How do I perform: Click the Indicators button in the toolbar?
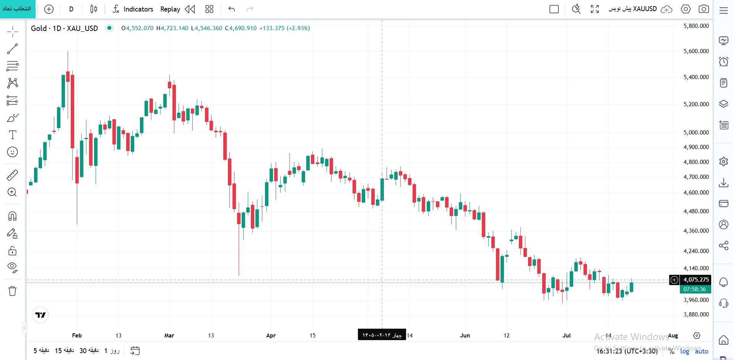(x=133, y=9)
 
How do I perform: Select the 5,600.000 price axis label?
(x=696, y=51)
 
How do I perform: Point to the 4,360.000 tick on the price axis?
(x=696, y=230)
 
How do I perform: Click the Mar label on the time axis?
(x=169, y=335)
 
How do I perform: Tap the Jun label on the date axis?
(x=465, y=335)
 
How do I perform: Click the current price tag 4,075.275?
(x=696, y=280)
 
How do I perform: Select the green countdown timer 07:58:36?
(x=696, y=289)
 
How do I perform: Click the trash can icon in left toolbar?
(x=12, y=291)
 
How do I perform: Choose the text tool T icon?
(x=13, y=135)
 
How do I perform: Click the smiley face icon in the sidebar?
(x=12, y=152)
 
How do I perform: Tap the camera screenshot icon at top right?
(x=704, y=9)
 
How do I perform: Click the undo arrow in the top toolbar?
(x=231, y=9)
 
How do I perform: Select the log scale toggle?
(x=684, y=351)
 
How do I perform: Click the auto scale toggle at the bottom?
(x=701, y=351)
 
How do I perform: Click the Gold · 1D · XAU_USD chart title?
(x=64, y=28)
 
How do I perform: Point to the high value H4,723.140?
(x=172, y=28)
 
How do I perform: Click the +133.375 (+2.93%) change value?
(x=284, y=28)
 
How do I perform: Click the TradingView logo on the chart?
(x=40, y=315)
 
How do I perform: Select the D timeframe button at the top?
(x=71, y=9)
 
